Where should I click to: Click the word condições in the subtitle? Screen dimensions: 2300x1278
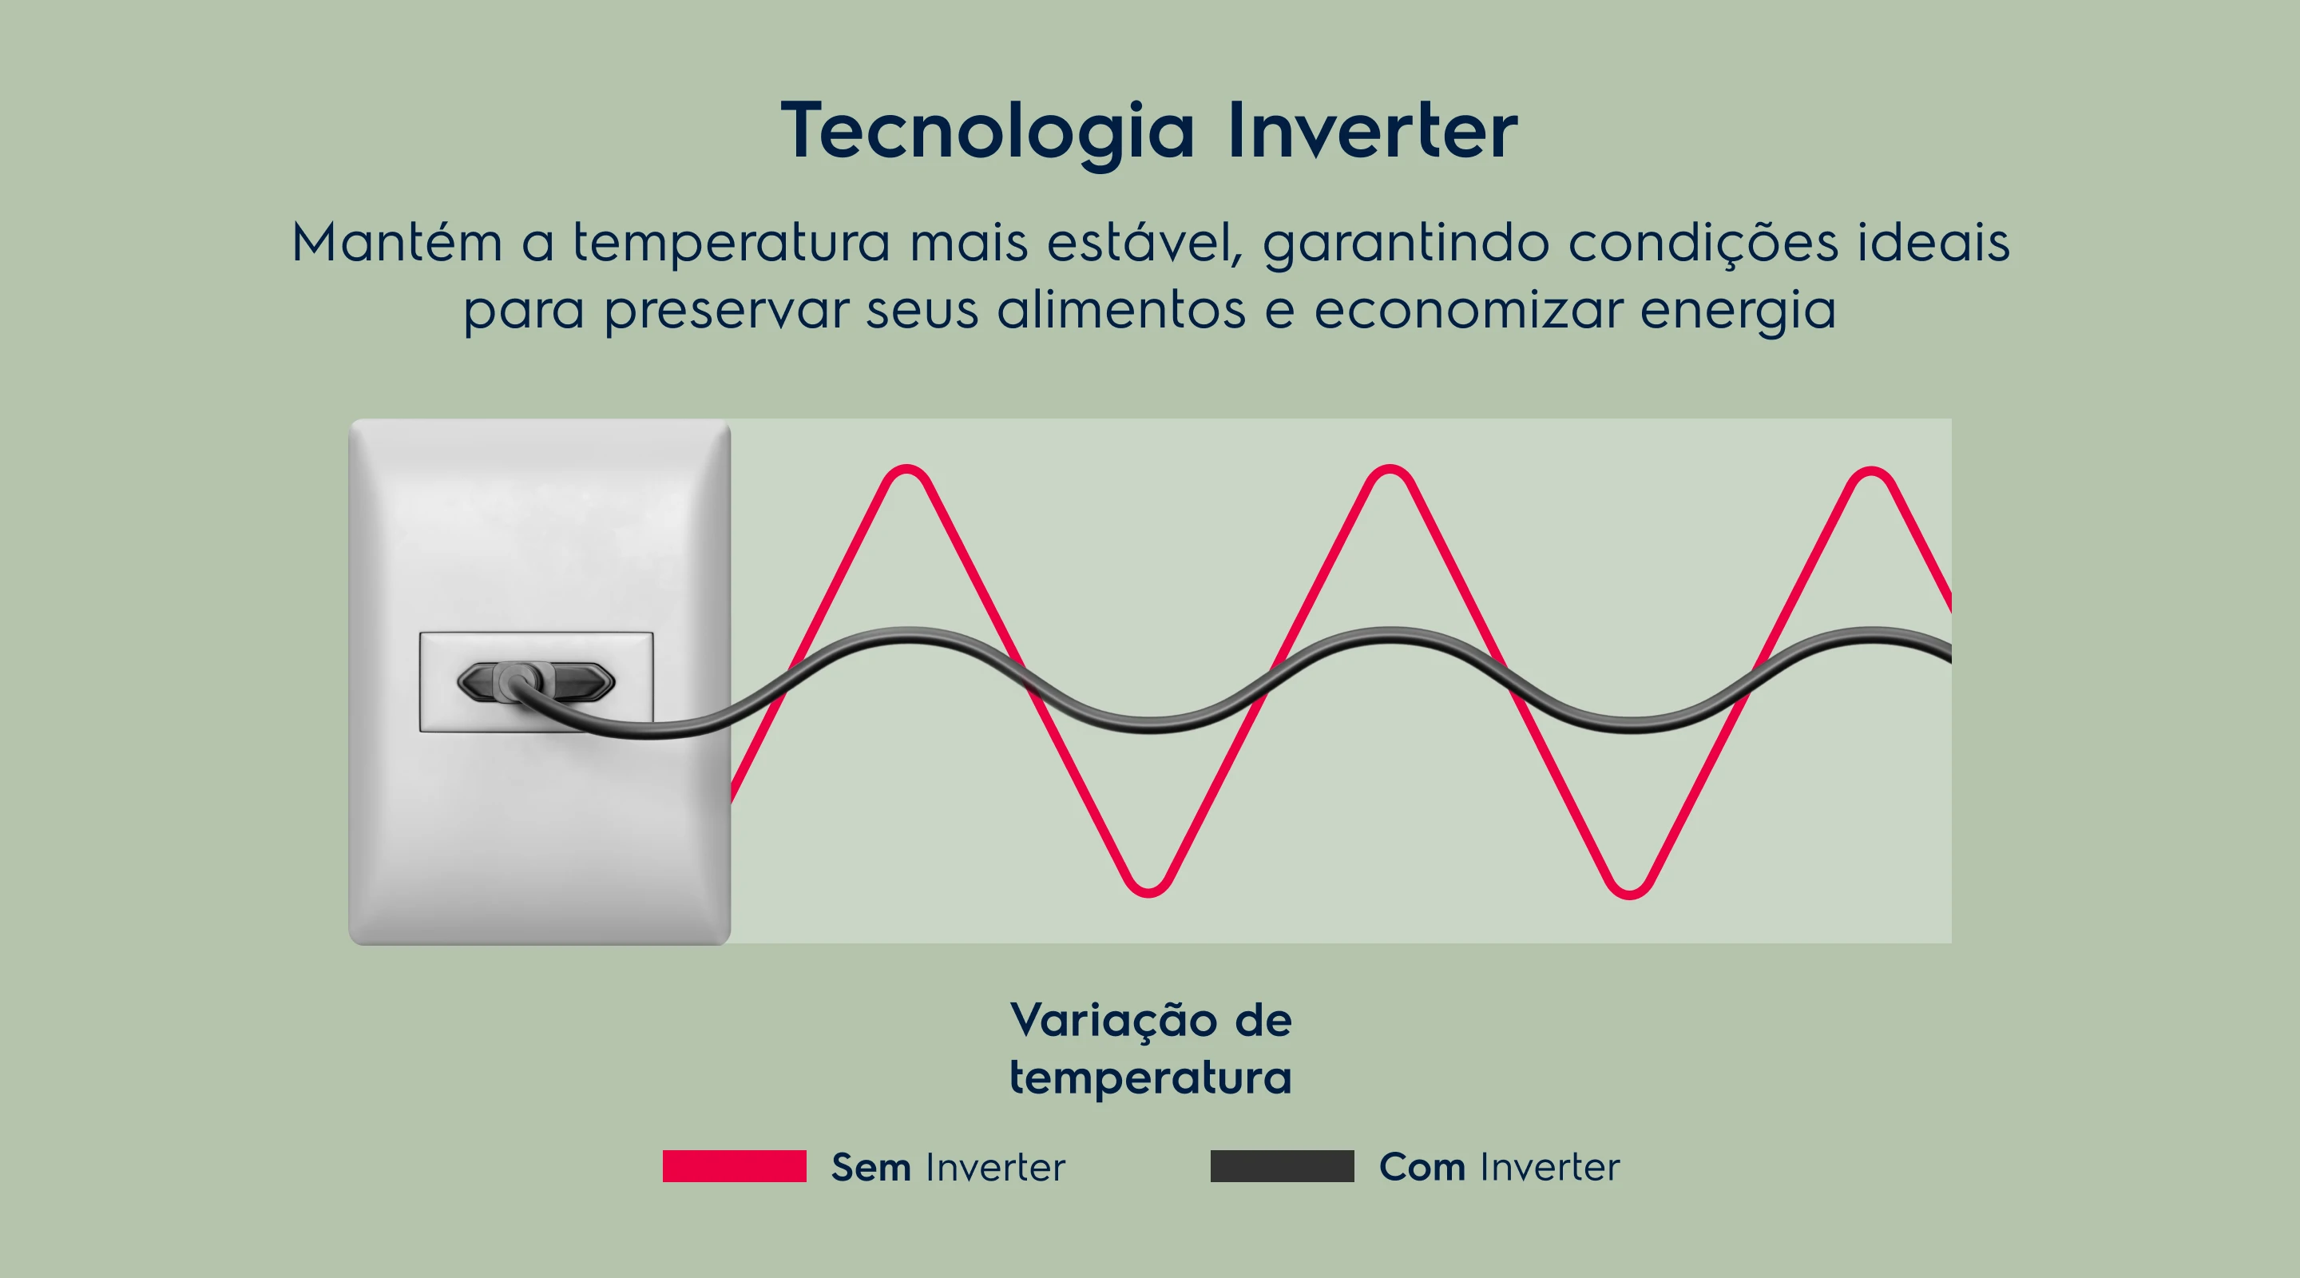point(1703,243)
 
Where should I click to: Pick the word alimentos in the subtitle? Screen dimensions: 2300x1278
point(1120,309)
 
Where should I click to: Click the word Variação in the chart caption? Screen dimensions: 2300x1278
point(1113,1021)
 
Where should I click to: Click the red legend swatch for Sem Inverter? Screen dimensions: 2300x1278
point(734,1166)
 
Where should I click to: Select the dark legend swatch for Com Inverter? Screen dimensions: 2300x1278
point(1282,1166)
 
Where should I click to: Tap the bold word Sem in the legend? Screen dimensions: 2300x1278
point(870,1167)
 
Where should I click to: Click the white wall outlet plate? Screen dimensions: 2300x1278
point(539,804)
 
